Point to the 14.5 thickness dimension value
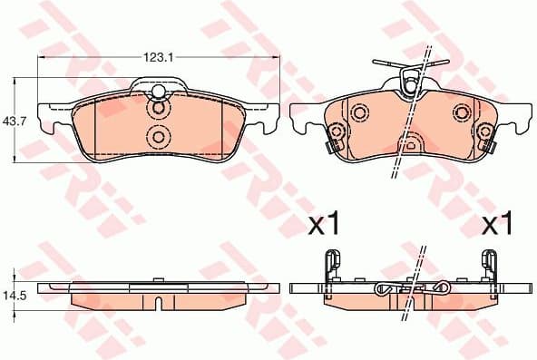pyautogui.click(x=13, y=296)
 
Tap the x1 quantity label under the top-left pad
pyautogui.click(x=325, y=223)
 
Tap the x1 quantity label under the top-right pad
pyautogui.click(x=497, y=223)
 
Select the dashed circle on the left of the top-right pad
pyautogui.click(x=359, y=113)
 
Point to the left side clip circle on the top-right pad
pyautogui.click(x=334, y=143)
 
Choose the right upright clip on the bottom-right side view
pyautogui.click(x=491, y=268)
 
